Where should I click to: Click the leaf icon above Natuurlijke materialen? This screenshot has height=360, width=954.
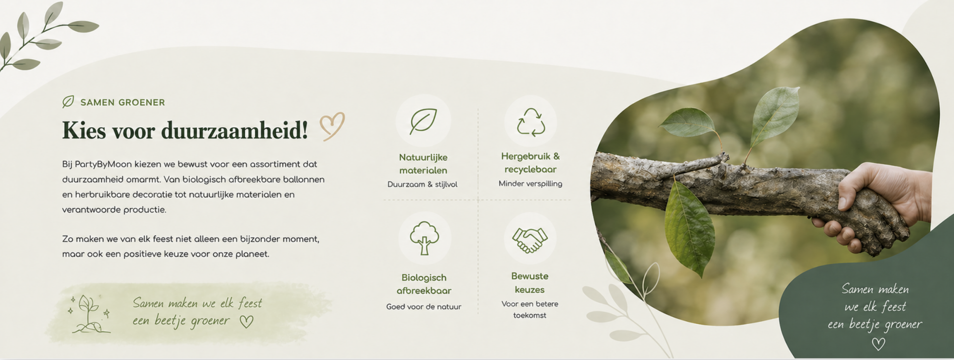coord(423,121)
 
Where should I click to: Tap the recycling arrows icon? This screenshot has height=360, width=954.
coord(530,122)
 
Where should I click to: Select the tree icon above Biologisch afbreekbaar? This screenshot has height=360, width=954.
coord(424,238)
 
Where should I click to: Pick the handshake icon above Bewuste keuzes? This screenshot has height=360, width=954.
coord(530,240)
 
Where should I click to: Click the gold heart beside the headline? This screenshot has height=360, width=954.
coord(332,126)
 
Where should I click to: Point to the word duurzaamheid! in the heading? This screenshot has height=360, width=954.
coord(234,130)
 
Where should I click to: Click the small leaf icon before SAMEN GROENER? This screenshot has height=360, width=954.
coord(68,102)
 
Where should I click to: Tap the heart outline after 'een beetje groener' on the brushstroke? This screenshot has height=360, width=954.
coord(247,322)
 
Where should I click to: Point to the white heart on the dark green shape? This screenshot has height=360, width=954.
coord(878,344)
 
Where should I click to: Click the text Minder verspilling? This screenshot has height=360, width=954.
coord(530,183)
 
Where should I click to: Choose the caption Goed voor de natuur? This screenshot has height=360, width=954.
coord(424,307)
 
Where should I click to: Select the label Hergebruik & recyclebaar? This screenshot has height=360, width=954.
coord(530,163)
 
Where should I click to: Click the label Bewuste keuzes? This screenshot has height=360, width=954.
coord(530,282)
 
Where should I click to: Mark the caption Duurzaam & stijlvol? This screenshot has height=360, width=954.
coord(423,184)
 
